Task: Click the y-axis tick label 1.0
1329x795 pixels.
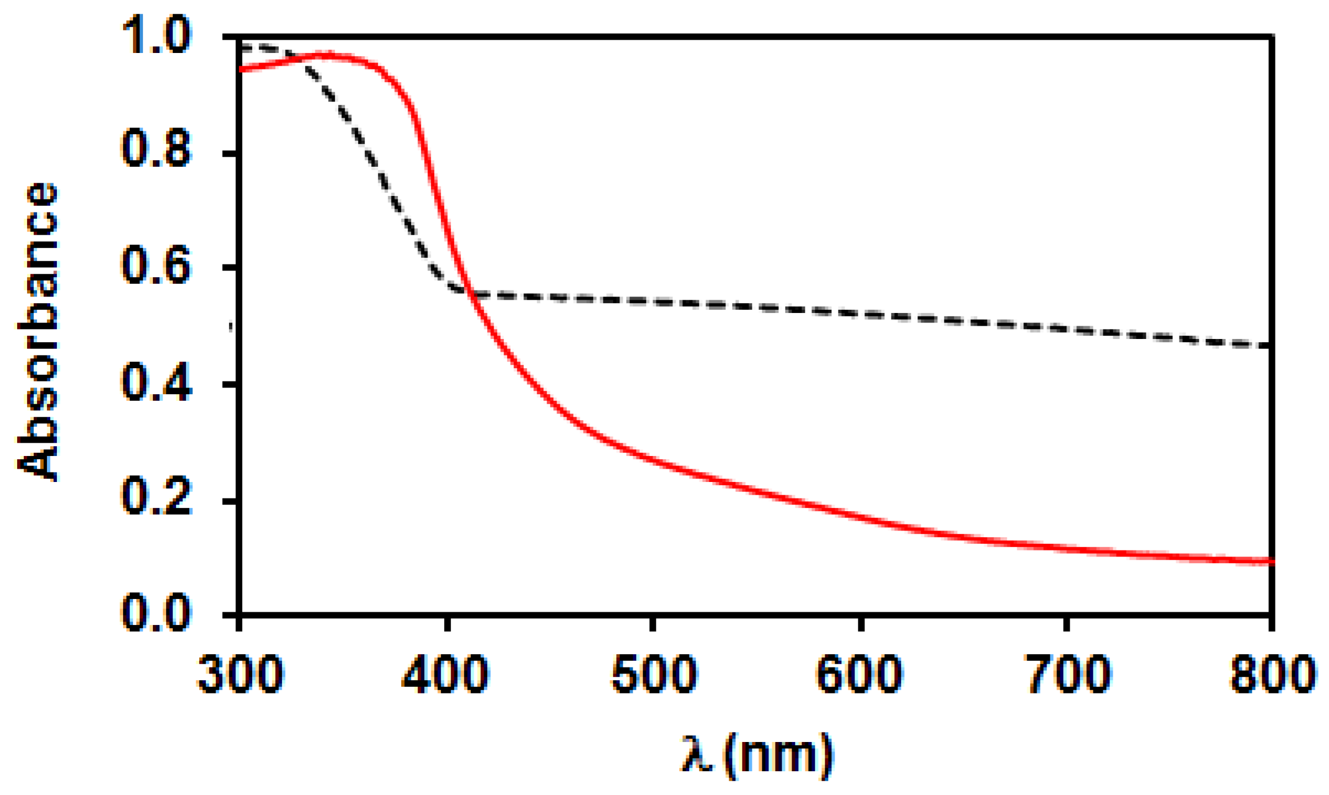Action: pos(156,35)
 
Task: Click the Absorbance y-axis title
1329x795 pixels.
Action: pos(38,331)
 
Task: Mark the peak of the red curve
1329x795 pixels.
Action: pos(328,55)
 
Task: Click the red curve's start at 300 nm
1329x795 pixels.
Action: pos(242,69)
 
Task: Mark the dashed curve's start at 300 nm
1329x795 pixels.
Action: pos(242,46)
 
